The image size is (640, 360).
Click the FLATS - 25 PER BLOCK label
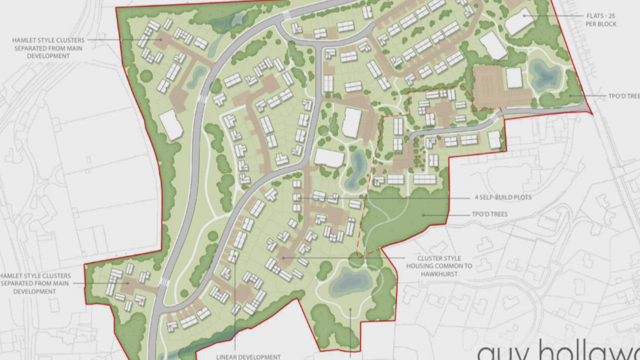pos(601,20)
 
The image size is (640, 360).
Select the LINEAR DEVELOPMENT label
pos(248,356)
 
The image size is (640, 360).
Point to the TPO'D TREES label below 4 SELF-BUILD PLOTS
pos(489,214)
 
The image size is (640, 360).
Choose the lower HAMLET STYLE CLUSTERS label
pos(36,283)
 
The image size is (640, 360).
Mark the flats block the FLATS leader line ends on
pos(519,21)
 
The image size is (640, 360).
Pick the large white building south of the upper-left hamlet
pos(171,125)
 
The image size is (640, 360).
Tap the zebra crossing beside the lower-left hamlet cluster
pos(163,282)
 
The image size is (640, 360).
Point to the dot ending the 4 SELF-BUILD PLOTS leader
pos(299,198)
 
